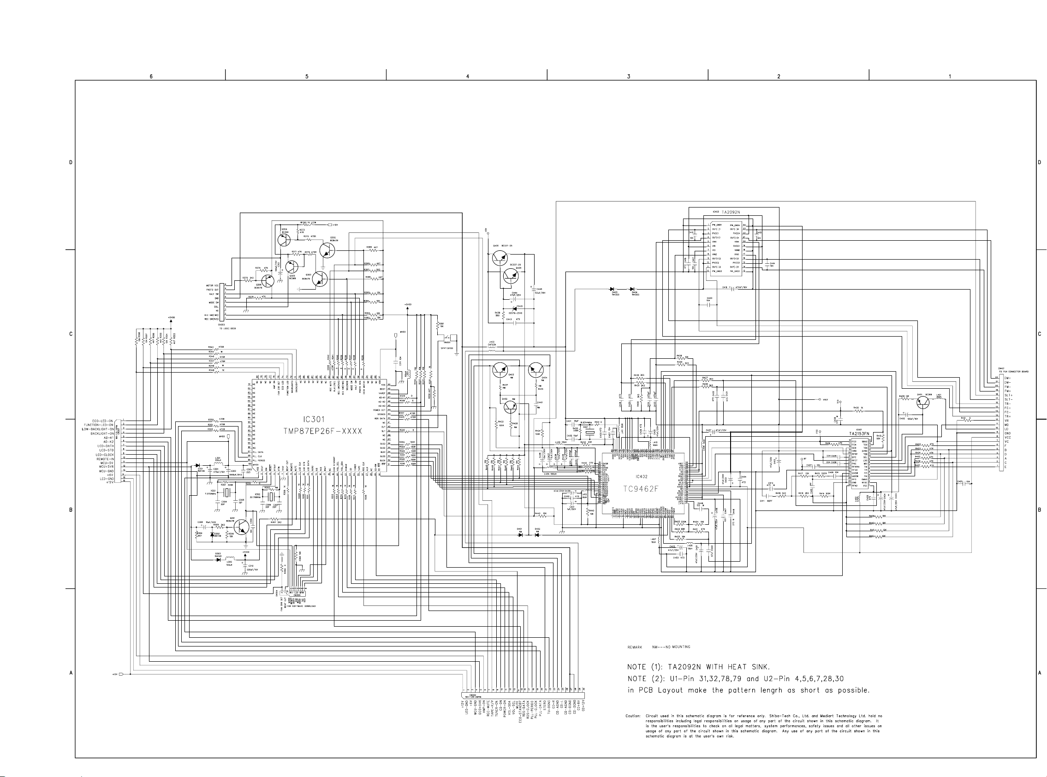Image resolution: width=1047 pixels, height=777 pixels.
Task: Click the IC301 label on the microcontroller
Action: tap(314, 420)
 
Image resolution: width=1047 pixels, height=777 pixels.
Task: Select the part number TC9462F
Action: tap(641, 489)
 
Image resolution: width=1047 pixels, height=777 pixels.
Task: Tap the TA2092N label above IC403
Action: tap(731, 212)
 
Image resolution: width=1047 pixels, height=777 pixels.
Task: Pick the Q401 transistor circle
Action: tap(923, 403)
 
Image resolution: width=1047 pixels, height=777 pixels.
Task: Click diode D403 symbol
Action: tap(613, 289)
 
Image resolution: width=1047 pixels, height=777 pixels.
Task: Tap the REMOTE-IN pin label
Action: tap(105, 459)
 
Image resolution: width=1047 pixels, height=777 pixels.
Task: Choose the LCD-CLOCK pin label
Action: tap(104, 455)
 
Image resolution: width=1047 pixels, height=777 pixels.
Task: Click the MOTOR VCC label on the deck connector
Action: tap(212, 285)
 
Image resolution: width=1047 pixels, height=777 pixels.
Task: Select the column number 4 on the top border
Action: tap(468, 76)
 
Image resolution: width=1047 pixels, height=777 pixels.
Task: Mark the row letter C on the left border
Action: tap(71, 334)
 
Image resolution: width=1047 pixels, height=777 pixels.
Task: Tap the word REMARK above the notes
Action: tap(635, 647)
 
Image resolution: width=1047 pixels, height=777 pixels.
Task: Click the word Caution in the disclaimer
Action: tap(633, 716)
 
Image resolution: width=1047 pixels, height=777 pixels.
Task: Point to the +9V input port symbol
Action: tap(122, 675)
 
